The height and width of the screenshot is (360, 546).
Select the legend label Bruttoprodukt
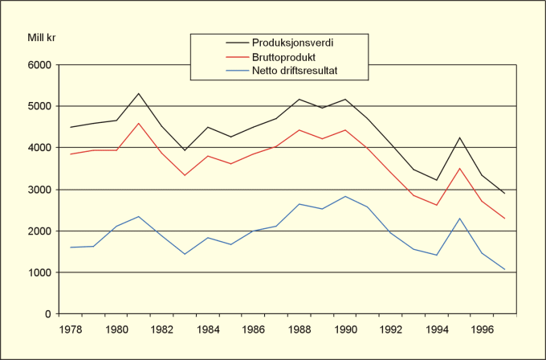point(281,57)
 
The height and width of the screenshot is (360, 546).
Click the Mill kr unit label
point(40,36)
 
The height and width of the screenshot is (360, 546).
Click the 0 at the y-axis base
point(47,314)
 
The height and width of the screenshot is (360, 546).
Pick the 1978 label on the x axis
point(71,329)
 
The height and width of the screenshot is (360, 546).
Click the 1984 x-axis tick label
point(209,329)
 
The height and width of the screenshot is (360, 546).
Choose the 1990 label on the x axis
point(345,329)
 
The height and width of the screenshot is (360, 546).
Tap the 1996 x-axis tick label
point(482,329)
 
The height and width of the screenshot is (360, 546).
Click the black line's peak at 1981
point(140,93)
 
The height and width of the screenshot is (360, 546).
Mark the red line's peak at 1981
point(140,123)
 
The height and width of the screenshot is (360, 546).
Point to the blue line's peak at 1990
point(345,196)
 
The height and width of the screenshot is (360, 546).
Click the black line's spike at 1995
point(459,137)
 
